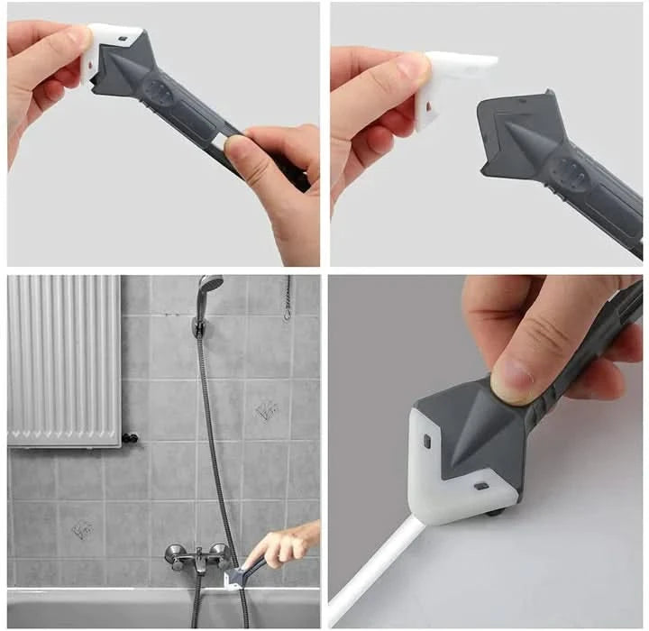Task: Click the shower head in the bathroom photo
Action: coord(209,284)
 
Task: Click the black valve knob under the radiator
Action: coord(131,439)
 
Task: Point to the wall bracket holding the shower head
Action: coord(199,325)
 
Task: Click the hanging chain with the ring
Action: coord(288,302)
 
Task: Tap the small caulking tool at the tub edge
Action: coord(236,577)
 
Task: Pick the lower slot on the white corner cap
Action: coord(481,486)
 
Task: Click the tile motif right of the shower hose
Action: coord(266,410)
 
